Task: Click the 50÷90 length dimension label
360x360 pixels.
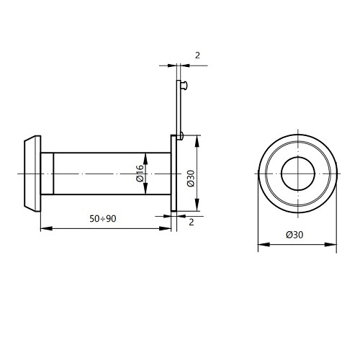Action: tap(103, 219)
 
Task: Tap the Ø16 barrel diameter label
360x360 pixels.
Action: tap(140, 173)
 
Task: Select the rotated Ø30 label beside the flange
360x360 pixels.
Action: tap(191, 179)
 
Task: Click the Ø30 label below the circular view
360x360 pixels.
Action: tap(294, 235)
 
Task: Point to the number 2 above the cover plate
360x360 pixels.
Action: tap(197, 55)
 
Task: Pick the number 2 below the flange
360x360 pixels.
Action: tap(191, 222)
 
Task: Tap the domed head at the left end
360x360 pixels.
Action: tap(32, 174)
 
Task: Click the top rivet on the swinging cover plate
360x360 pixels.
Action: tap(184, 86)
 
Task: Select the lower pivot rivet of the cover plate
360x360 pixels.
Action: tap(181, 136)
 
